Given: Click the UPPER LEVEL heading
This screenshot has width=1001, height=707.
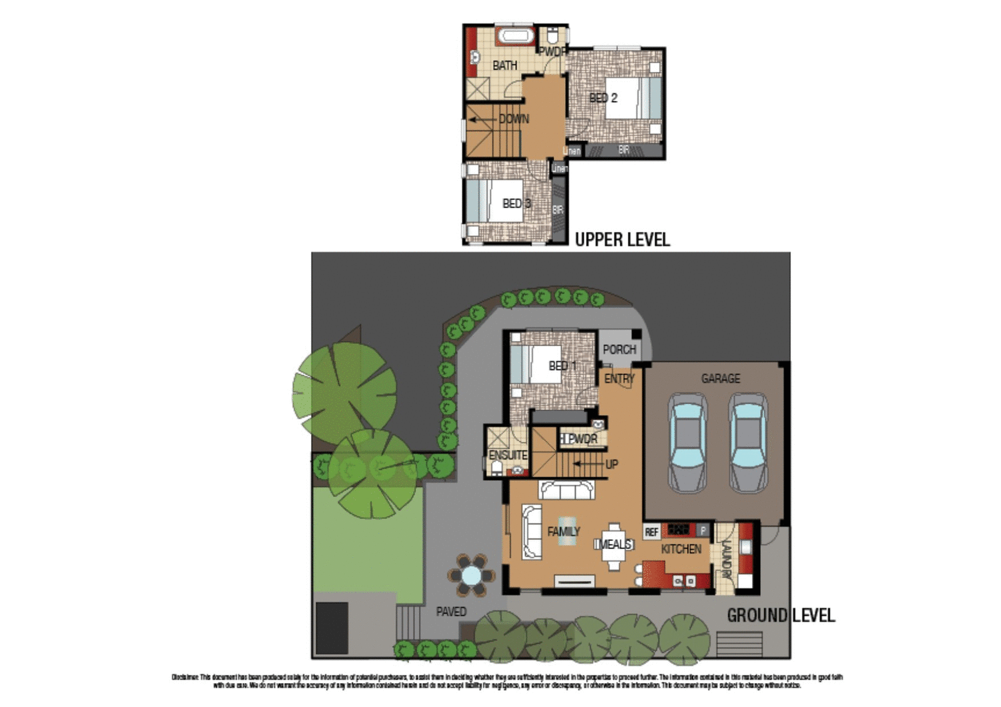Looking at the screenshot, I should (622, 239).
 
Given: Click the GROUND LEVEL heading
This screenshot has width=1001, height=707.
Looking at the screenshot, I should (780, 615).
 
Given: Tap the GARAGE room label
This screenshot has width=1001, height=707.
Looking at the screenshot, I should (720, 378).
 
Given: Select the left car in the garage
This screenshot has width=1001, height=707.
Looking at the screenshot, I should (687, 442).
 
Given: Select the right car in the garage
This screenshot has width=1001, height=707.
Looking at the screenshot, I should (747, 442).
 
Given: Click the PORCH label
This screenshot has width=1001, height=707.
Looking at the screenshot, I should (619, 349).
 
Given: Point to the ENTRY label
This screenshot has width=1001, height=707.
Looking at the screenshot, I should (619, 378).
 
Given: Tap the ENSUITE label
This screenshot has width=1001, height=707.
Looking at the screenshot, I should (508, 455).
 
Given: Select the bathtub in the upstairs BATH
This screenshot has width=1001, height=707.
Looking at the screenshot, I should (515, 36).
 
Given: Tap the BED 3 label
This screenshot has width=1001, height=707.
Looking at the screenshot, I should (517, 203).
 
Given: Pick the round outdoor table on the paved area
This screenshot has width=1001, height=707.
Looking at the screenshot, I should (471, 574).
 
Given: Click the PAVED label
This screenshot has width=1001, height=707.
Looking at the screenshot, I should (451, 612).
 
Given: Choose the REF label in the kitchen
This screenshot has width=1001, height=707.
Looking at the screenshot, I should (651, 532).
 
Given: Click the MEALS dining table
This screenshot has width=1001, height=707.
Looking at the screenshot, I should (614, 545).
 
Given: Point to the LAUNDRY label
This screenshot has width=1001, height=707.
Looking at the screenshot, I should (727, 559).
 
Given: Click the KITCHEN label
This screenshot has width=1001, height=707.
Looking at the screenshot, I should (681, 549).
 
